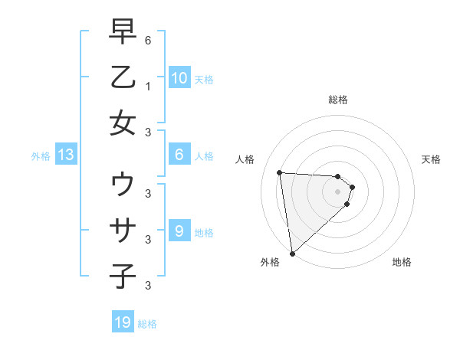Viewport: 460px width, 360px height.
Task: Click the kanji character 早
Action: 123,33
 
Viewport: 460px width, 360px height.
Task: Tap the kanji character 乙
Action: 123,78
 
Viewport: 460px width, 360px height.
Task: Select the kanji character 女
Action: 123,123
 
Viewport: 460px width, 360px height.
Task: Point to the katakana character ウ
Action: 123,185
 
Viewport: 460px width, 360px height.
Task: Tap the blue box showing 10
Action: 179,78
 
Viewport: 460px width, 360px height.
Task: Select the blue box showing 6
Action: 179,155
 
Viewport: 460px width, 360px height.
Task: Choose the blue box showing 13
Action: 65,155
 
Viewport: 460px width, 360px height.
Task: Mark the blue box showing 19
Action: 123,322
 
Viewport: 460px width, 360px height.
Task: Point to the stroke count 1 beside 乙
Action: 147,87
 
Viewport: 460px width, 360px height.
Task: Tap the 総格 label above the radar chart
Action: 338,100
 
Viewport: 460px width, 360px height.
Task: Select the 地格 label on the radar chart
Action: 402,262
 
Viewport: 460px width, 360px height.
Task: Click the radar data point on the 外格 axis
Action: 292,253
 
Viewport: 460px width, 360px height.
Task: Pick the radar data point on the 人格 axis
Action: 279,172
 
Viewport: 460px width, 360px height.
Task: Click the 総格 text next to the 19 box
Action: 147,324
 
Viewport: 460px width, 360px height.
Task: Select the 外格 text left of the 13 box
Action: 41,156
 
